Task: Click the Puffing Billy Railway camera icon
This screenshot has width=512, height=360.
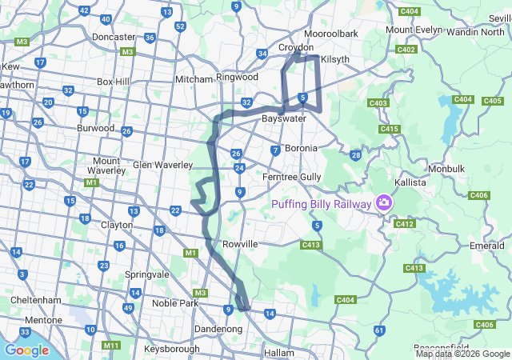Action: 385,203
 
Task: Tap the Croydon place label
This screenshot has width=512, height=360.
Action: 296,47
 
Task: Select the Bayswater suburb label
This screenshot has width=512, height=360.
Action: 284,118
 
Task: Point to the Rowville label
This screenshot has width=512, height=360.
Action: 240,243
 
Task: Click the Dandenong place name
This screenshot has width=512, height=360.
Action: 218,329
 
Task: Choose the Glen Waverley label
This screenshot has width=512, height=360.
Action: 163,165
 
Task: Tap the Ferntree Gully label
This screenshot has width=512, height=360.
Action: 292,176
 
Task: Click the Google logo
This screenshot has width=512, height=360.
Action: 26,350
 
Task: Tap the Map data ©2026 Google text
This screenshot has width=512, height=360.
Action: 462,354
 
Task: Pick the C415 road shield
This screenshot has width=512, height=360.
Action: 390,129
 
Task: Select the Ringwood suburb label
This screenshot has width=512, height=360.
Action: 237,78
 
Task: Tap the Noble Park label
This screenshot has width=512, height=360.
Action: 174,303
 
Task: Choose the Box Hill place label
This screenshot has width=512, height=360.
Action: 113,82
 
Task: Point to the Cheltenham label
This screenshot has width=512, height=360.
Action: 31,300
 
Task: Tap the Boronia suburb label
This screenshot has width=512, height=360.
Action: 301,148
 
